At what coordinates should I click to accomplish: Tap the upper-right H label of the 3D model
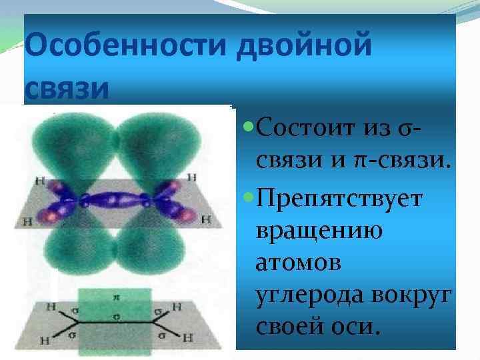(x=192, y=177)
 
